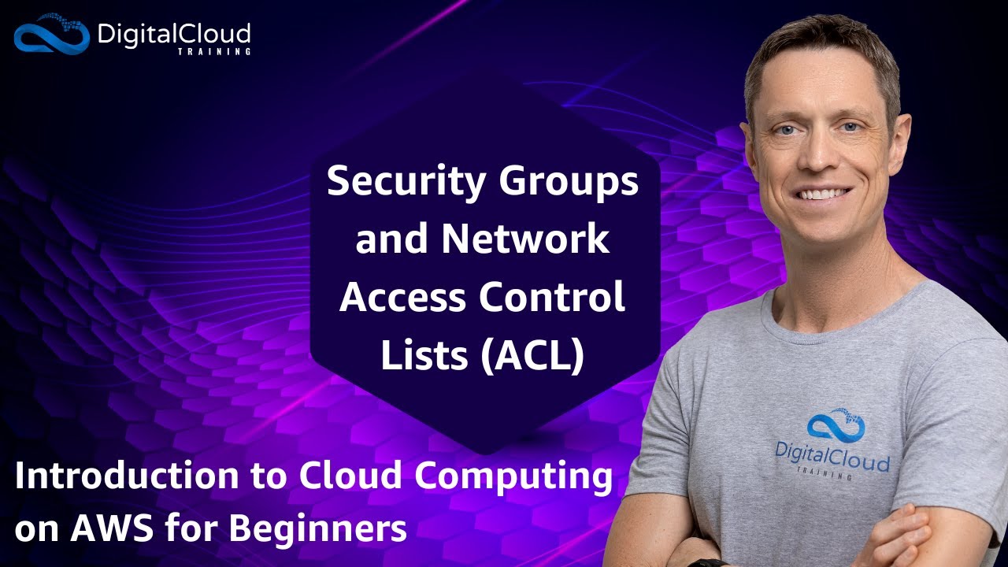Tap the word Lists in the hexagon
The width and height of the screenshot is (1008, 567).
[x=425, y=356]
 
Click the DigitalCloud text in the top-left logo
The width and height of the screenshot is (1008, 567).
[x=173, y=34]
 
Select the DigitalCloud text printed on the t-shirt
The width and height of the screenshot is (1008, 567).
[x=832, y=460]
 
